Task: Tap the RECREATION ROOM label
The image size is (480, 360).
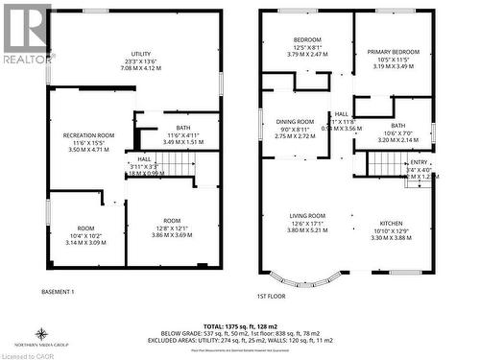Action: (x=89, y=136)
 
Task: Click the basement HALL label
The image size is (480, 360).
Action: (x=144, y=159)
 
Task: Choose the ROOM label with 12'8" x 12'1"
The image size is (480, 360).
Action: (x=171, y=222)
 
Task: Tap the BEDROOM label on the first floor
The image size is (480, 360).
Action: (x=307, y=40)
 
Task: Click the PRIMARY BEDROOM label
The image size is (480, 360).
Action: (x=394, y=52)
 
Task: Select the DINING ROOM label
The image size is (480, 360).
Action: (x=296, y=123)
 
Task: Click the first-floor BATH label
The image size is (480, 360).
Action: (x=397, y=126)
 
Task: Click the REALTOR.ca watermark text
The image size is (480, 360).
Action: (x=26, y=59)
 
